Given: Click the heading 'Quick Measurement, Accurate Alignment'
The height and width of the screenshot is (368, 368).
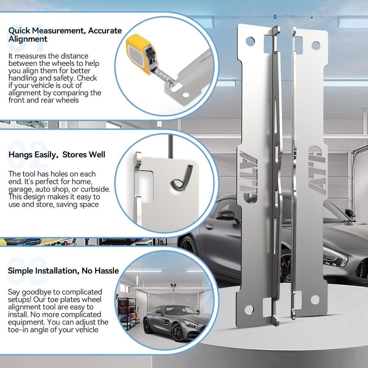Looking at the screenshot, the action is [x=65, y=35].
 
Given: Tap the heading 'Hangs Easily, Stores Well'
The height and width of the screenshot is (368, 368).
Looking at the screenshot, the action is [x=57, y=155].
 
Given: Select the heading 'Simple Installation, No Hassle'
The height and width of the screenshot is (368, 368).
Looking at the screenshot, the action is [x=63, y=270].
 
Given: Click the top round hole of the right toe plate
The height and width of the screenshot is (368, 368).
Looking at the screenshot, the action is [x=316, y=46].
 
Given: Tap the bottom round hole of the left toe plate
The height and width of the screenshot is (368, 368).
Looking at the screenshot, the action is [x=249, y=310].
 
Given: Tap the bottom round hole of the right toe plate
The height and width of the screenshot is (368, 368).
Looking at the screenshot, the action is [x=315, y=300].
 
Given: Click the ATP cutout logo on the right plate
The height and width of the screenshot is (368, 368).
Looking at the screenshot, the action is [x=317, y=170].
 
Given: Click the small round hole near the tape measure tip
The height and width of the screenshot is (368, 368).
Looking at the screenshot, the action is [x=185, y=95].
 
